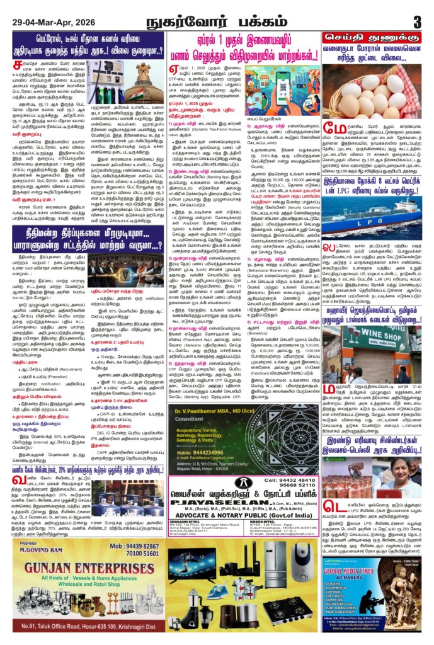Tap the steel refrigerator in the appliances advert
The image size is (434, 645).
(x=271, y=571)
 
